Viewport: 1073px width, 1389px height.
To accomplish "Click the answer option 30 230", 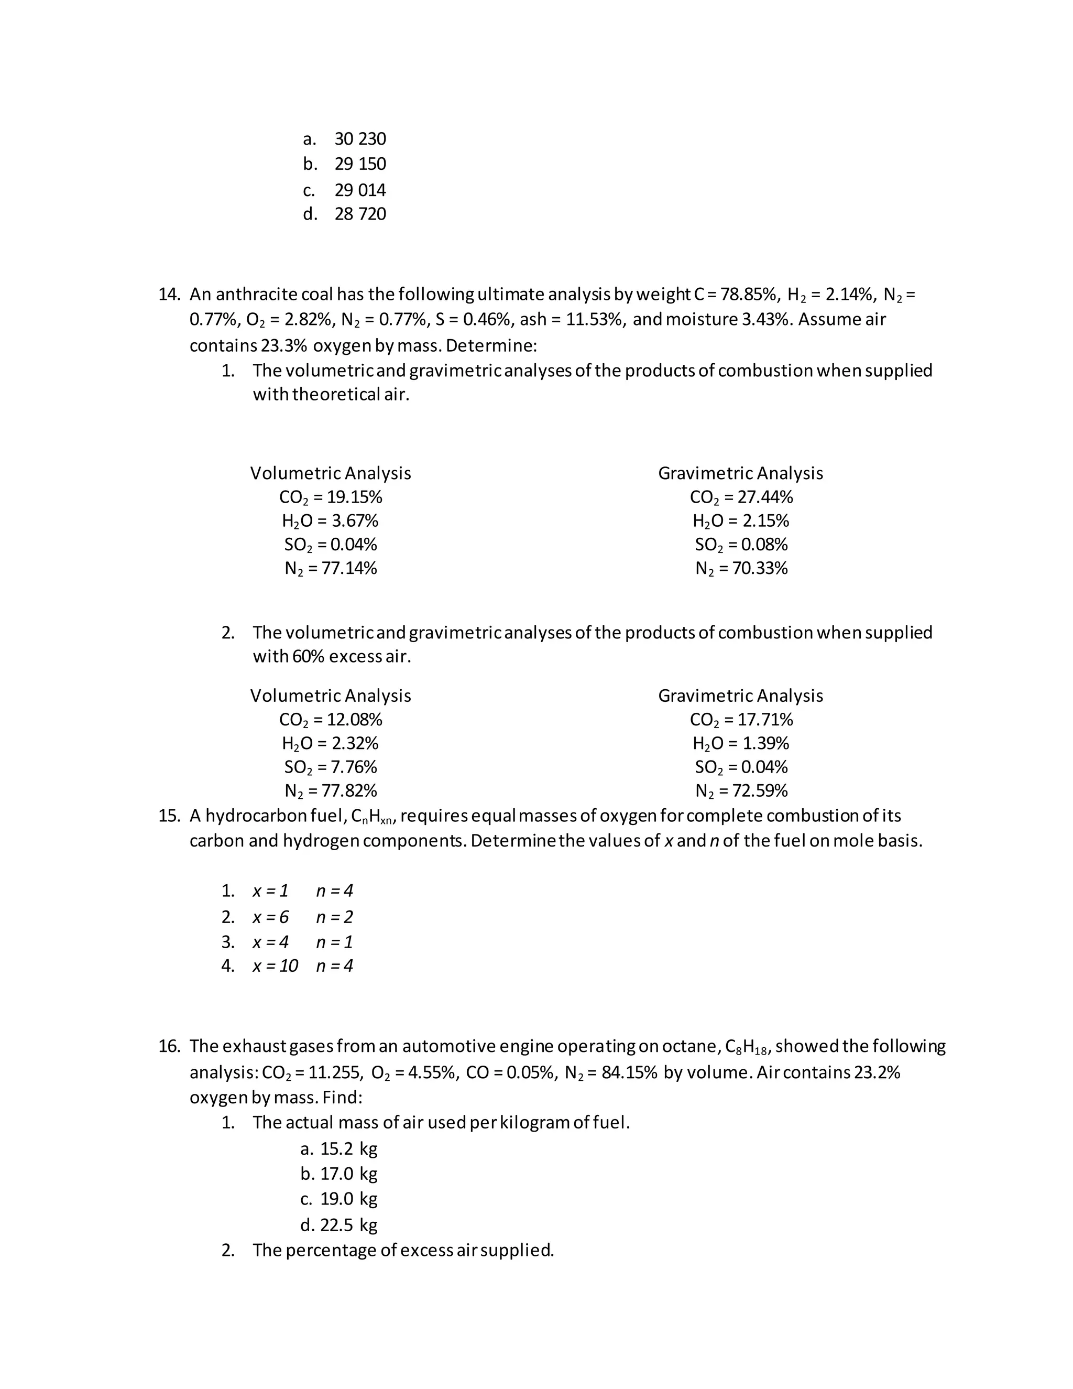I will click(360, 139).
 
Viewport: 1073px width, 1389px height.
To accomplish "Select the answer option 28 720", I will click(360, 214).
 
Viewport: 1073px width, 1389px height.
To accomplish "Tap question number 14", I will click(169, 295).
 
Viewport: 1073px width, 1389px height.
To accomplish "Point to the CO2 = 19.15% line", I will click(331, 497).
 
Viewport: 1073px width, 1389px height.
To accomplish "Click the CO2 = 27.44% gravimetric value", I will click(741, 497).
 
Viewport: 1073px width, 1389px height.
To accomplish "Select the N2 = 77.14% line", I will click(331, 568).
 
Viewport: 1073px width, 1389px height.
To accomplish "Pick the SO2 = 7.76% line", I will click(331, 767).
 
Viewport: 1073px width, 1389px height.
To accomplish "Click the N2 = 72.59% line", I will click(741, 791).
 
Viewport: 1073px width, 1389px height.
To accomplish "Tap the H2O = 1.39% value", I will click(741, 743).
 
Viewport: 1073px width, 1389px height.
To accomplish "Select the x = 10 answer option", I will click(275, 966).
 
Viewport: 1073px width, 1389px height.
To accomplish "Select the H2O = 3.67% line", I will click(331, 521).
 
